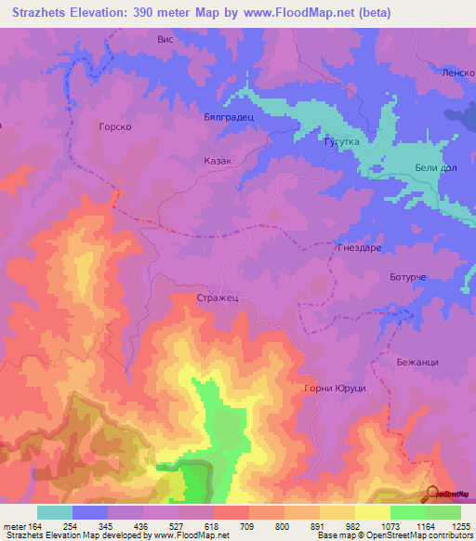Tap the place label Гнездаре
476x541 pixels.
click(x=358, y=248)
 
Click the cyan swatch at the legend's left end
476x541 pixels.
click(x=55, y=512)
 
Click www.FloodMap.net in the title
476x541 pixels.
click(x=297, y=13)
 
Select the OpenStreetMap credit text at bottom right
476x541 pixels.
click(x=415, y=535)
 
